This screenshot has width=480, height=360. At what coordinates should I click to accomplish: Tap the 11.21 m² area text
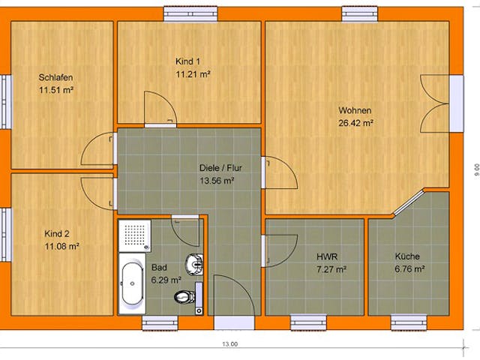(x=193, y=74)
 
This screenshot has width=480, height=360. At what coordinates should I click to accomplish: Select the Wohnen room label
(x=355, y=110)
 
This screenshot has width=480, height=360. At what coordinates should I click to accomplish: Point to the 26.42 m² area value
(x=355, y=124)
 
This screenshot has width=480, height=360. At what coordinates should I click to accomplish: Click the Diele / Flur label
(x=217, y=167)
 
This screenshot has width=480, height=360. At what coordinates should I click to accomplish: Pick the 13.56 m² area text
(x=217, y=181)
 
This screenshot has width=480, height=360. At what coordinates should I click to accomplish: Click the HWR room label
(x=326, y=256)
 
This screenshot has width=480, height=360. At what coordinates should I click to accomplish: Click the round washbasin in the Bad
(x=193, y=263)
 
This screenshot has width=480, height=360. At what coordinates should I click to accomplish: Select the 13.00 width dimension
(x=229, y=345)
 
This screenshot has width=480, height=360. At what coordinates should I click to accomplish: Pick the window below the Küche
(x=408, y=322)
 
